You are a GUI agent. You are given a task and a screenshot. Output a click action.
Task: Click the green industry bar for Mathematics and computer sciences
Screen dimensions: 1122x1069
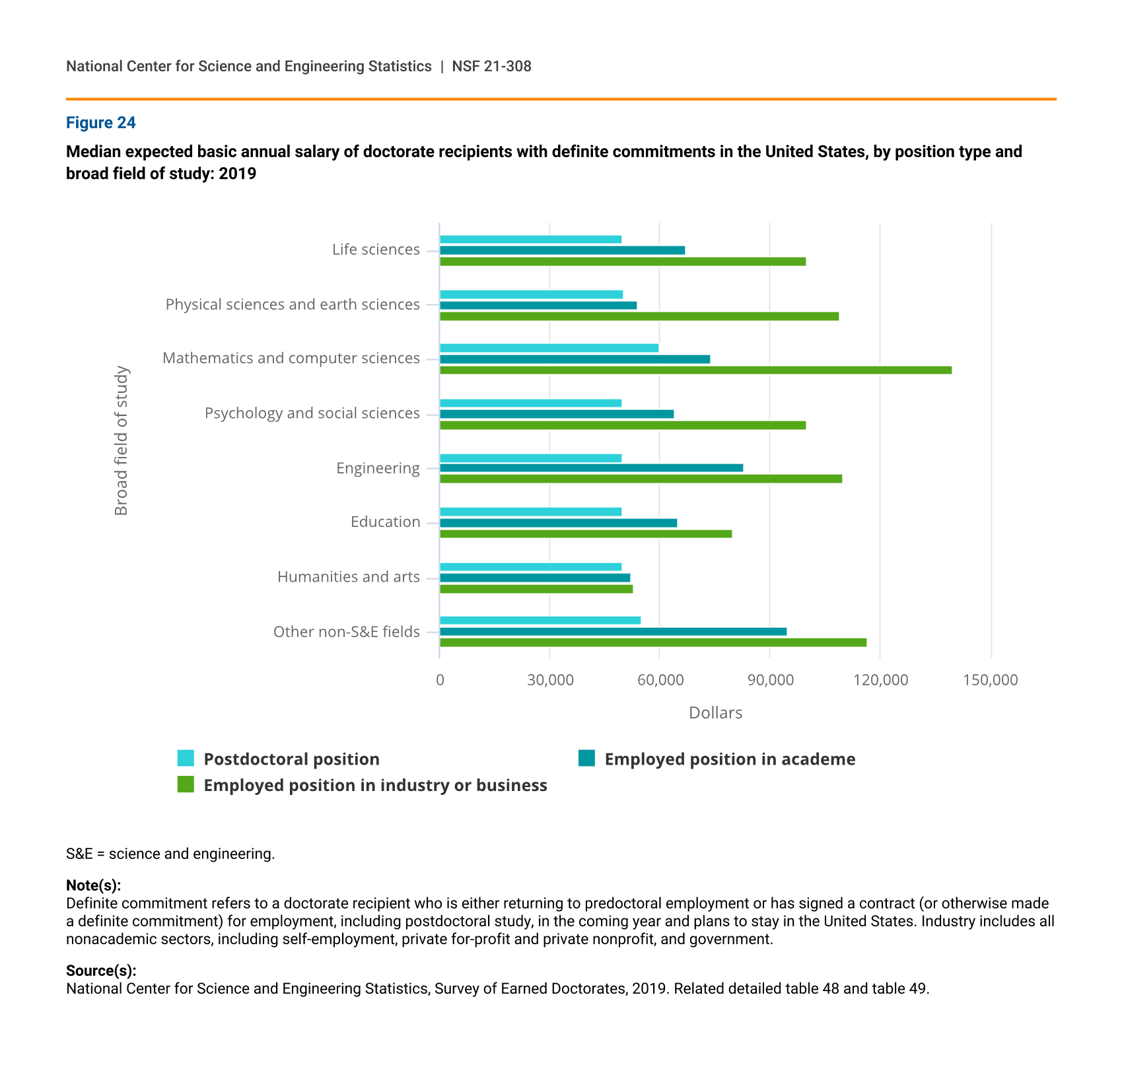(x=696, y=370)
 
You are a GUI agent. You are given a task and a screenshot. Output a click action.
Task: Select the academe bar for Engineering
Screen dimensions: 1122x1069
(x=592, y=468)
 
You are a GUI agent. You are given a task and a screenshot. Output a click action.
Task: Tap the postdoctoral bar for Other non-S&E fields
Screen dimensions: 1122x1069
(x=540, y=621)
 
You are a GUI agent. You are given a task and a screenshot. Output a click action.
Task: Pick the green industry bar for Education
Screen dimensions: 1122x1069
(x=586, y=534)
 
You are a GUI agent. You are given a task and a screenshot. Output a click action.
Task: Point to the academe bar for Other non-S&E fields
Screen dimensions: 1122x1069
(x=614, y=632)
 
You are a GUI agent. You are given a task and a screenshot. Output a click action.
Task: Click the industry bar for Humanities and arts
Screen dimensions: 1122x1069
(x=536, y=589)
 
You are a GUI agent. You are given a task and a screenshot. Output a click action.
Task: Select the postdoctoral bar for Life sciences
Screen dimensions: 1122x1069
(x=531, y=240)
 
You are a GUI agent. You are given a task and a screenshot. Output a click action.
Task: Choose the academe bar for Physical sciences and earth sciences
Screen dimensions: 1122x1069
(x=538, y=306)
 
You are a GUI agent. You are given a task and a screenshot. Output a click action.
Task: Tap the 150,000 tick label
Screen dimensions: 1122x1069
(x=991, y=680)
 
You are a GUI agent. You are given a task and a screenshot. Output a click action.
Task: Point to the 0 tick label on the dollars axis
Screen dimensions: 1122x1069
(x=440, y=680)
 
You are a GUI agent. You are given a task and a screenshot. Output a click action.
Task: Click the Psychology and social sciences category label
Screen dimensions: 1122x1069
(x=312, y=413)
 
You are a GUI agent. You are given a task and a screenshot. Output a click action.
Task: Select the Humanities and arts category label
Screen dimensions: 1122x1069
(x=349, y=577)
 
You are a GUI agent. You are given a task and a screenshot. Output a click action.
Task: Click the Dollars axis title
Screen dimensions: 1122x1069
(x=716, y=713)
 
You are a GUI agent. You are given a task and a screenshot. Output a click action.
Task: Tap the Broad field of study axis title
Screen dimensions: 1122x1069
(x=122, y=440)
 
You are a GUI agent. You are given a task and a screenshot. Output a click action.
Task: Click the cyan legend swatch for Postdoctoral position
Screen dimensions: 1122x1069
(x=186, y=759)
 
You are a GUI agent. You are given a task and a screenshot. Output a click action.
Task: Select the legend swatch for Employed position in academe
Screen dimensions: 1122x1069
(x=587, y=758)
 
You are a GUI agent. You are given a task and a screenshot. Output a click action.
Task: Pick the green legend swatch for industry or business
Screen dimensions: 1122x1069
(x=186, y=784)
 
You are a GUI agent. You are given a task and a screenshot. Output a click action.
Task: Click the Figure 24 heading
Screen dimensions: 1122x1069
(x=101, y=123)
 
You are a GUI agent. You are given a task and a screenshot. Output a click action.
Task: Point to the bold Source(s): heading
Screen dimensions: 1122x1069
(x=101, y=971)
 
